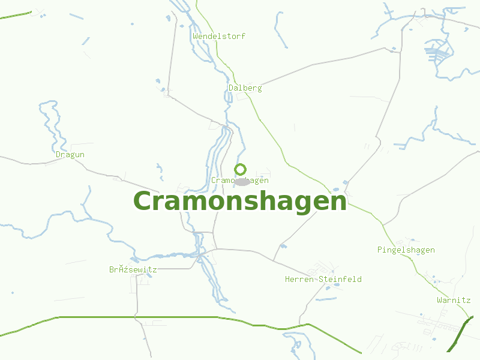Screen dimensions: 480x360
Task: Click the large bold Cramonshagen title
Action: pyautogui.click(x=240, y=201)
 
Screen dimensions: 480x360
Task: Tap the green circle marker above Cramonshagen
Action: pyautogui.click(x=241, y=169)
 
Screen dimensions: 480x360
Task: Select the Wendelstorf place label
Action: pyautogui.click(x=219, y=36)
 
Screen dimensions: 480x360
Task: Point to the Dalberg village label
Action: pyautogui.click(x=245, y=88)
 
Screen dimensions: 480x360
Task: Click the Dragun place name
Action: pyautogui.click(x=70, y=154)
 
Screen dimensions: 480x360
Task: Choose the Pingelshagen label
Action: pyautogui.click(x=406, y=250)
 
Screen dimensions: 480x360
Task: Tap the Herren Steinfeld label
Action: pyautogui.click(x=323, y=279)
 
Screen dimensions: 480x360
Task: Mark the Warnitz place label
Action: pyautogui.click(x=454, y=300)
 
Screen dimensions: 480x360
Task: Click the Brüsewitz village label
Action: pyautogui.click(x=133, y=269)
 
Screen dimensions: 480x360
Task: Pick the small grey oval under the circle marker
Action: pyautogui.click(x=241, y=182)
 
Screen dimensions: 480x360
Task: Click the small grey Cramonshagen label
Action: pyautogui.click(x=240, y=180)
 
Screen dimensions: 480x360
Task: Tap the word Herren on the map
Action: pyautogui.click(x=299, y=279)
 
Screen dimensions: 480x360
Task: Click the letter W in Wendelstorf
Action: pyautogui.click(x=196, y=36)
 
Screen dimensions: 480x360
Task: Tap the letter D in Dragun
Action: pyautogui.click(x=58, y=154)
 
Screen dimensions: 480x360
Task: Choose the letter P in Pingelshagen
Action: pyautogui.click(x=380, y=250)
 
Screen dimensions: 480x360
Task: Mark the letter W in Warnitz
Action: pyautogui.click(x=440, y=300)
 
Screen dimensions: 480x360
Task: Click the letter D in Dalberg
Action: pyautogui.click(x=231, y=88)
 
